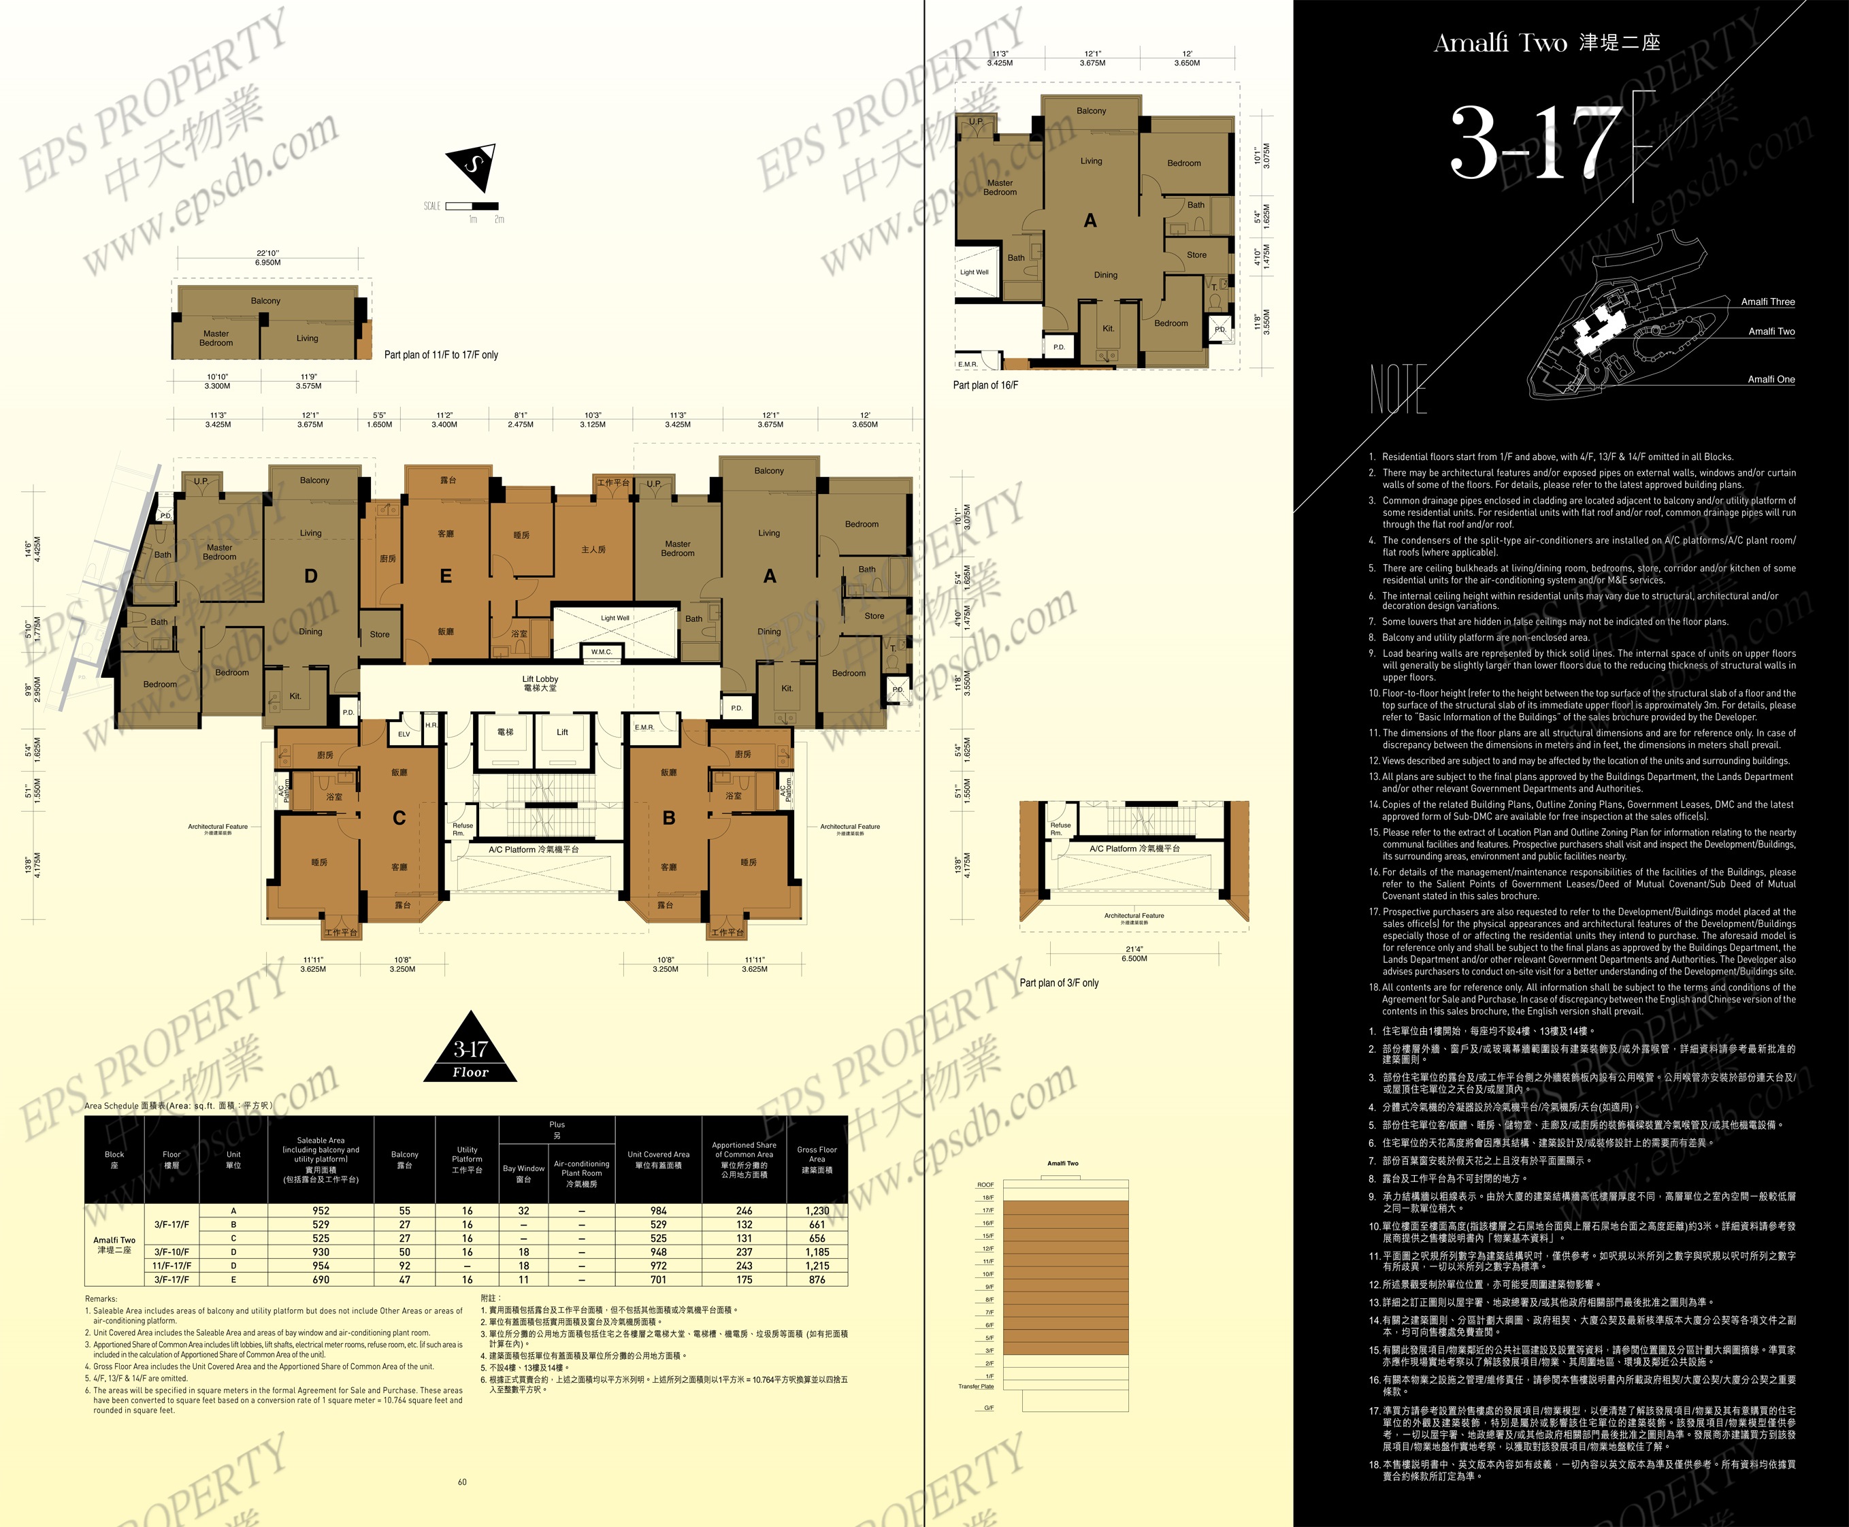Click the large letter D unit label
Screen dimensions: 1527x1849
(310, 576)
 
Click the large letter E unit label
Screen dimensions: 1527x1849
(446, 576)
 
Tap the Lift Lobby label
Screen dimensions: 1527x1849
(540, 683)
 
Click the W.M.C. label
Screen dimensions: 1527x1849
(601, 652)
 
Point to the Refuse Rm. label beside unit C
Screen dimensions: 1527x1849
(463, 829)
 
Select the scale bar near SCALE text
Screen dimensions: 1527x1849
(472, 206)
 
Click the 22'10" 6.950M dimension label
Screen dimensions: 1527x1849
(267, 258)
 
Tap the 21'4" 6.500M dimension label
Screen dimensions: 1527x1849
(1134, 953)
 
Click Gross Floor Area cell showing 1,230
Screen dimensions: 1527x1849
(817, 1211)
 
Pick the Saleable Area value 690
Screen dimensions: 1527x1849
(321, 1280)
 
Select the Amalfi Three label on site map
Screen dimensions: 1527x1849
(1767, 301)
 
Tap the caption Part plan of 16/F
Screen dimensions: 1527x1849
(985, 385)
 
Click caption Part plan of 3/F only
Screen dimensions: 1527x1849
(1058, 983)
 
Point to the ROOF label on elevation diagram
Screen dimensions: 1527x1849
(985, 1185)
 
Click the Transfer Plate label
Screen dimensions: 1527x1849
(975, 1386)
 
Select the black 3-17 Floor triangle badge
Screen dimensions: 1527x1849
(471, 1049)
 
